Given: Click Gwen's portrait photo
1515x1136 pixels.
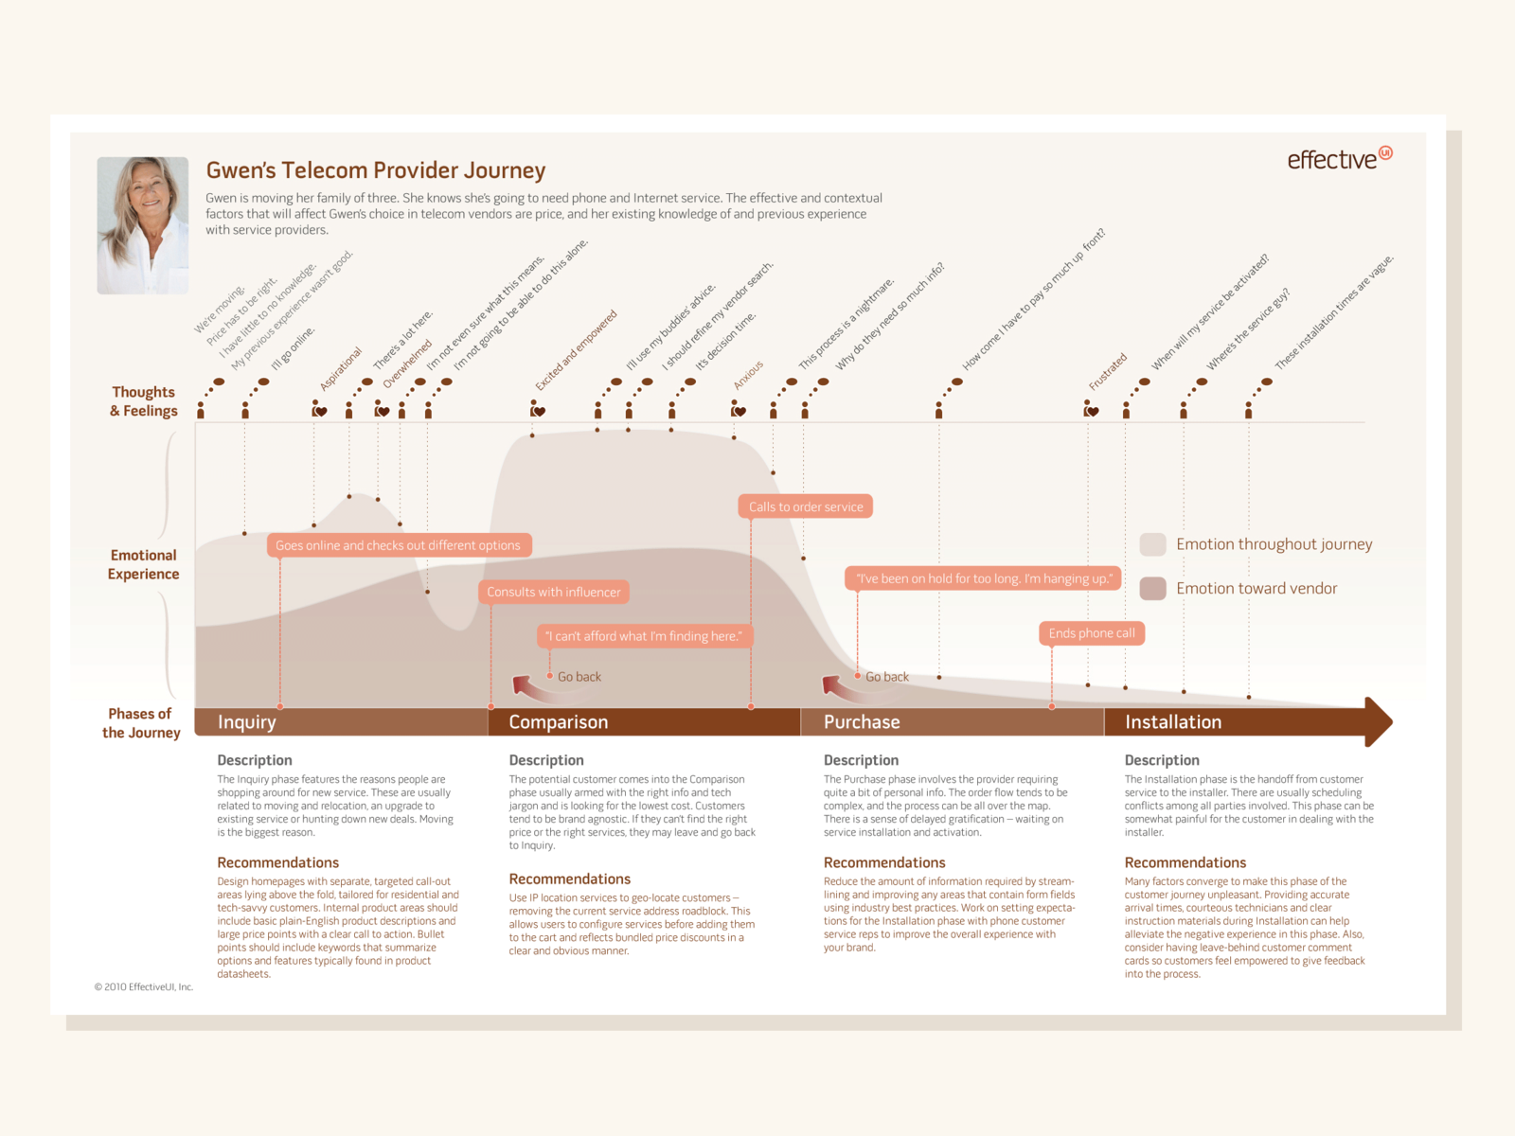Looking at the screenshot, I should pyautogui.click(x=143, y=225).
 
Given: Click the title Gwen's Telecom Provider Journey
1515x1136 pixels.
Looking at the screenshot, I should pyautogui.click(x=376, y=170).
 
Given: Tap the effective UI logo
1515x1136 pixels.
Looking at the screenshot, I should pyautogui.click(x=1339, y=158).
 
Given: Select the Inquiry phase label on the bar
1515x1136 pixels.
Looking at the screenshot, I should pyautogui.click(x=247, y=722).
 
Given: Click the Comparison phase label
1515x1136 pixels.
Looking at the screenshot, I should pyautogui.click(x=559, y=722).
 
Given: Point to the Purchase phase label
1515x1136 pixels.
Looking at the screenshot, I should pyautogui.click(x=862, y=722).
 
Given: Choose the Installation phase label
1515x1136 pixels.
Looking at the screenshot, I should pyautogui.click(x=1173, y=722).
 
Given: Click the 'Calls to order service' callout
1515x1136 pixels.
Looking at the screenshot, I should pyautogui.click(x=806, y=506).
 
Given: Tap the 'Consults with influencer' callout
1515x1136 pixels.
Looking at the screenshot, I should pyautogui.click(x=554, y=592).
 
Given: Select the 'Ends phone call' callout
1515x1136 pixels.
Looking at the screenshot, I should pyautogui.click(x=1092, y=633).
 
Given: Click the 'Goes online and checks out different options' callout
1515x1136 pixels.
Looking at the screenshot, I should pyautogui.click(x=399, y=545).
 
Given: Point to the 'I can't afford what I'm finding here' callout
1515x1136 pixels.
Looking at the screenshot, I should pyautogui.click(x=644, y=636).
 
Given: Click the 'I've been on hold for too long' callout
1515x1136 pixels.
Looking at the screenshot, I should pyautogui.click(x=984, y=578).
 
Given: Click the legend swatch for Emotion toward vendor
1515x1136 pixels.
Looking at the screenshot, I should pyautogui.click(x=1152, y=588).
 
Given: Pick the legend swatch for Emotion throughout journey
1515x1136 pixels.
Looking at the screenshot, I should pyautogui.click(x=1152, y=544).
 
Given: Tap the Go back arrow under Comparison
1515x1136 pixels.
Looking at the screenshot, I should pyautogui.click(x=530, y=686).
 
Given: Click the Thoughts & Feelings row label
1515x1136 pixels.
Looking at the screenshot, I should pyautogui.click(x=144, y=401).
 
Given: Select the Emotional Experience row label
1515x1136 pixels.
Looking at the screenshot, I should pyautogui.click(x=143, y=564).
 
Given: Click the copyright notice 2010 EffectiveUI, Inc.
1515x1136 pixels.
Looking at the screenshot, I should pyautogui.click(x=144, y=986).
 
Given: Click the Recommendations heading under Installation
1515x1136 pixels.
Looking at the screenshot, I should pyautogui.click(x=1185, y=862).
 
